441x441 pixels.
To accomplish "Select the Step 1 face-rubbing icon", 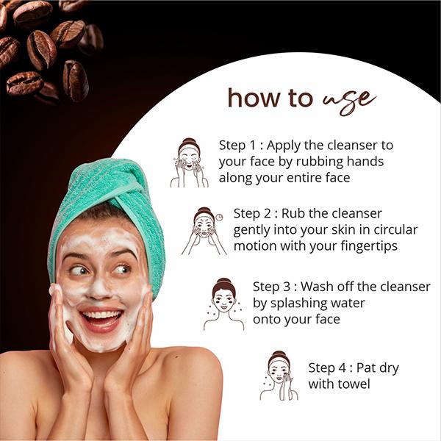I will click(189, 162).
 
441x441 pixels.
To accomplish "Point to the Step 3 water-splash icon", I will click(223, 304).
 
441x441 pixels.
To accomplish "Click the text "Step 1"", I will click(237, 145).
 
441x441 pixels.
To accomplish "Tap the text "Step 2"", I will click(252, 213).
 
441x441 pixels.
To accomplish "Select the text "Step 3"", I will click(271, 287).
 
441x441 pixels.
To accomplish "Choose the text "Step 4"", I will click(326, 367).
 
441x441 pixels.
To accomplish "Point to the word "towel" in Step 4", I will click(352, 384).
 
